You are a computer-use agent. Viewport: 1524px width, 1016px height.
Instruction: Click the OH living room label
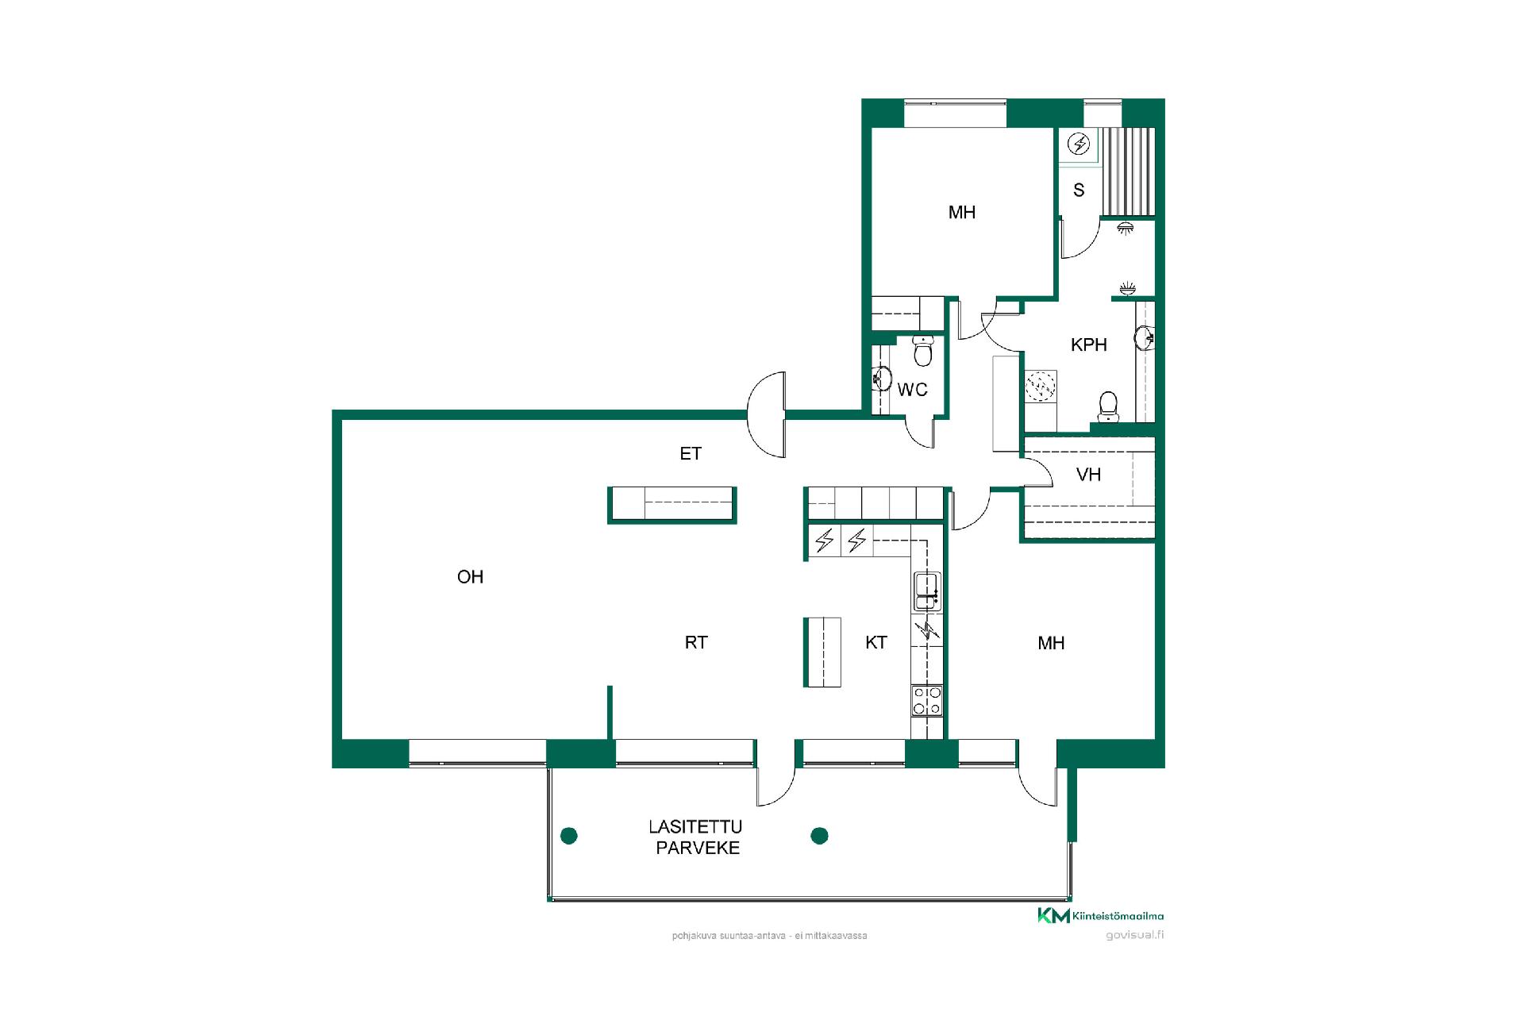pyautogui.click(x=470, y=577)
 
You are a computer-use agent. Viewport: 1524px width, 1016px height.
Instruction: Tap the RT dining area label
pyautogui.click(x=696, y=643)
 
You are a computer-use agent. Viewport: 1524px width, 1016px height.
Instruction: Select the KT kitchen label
pyautogui.click(x=876, y=643)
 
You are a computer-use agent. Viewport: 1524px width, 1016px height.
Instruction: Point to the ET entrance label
pyautogui.click(x=691, y=453)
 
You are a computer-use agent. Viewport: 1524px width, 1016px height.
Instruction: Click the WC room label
pyautogui.click(x=913, y=390)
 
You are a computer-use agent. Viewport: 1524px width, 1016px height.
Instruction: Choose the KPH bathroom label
pyautogui.click(x=1089, y=344)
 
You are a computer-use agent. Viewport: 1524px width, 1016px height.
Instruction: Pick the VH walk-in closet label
pyautogui.click(x=1088, y=475)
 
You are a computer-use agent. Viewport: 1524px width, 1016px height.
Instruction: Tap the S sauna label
pyautogui.click(x=1079, y=190)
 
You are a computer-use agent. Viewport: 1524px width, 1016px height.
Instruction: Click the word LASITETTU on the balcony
pyautogui.click(x=695, y=827)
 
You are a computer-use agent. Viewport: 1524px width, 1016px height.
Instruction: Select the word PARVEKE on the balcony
pyautogui.click(x=698, y=848)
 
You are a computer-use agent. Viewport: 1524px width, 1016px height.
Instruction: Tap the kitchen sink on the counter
pyautogui.click(x=927, y=591)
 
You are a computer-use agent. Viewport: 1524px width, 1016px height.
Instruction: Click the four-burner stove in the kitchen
pyautogui.click(x=927, y=701)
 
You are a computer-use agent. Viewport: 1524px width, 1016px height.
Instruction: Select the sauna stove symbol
pyautogui.click(x=1079, y=144)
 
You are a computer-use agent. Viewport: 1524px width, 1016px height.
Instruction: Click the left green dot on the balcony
pyautogui.click(x=569, y=835)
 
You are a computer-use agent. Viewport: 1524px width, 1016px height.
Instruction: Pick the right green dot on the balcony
pyautogui.click(x=820, y=835)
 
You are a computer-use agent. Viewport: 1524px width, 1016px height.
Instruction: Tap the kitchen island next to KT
pyautogui.click(x=822, y=652)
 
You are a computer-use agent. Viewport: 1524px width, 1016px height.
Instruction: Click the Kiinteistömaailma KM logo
pyautogui.click(x=1100, y=915)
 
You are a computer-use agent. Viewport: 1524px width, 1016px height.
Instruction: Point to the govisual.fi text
pyautogui.click(x=1135, y=935)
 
